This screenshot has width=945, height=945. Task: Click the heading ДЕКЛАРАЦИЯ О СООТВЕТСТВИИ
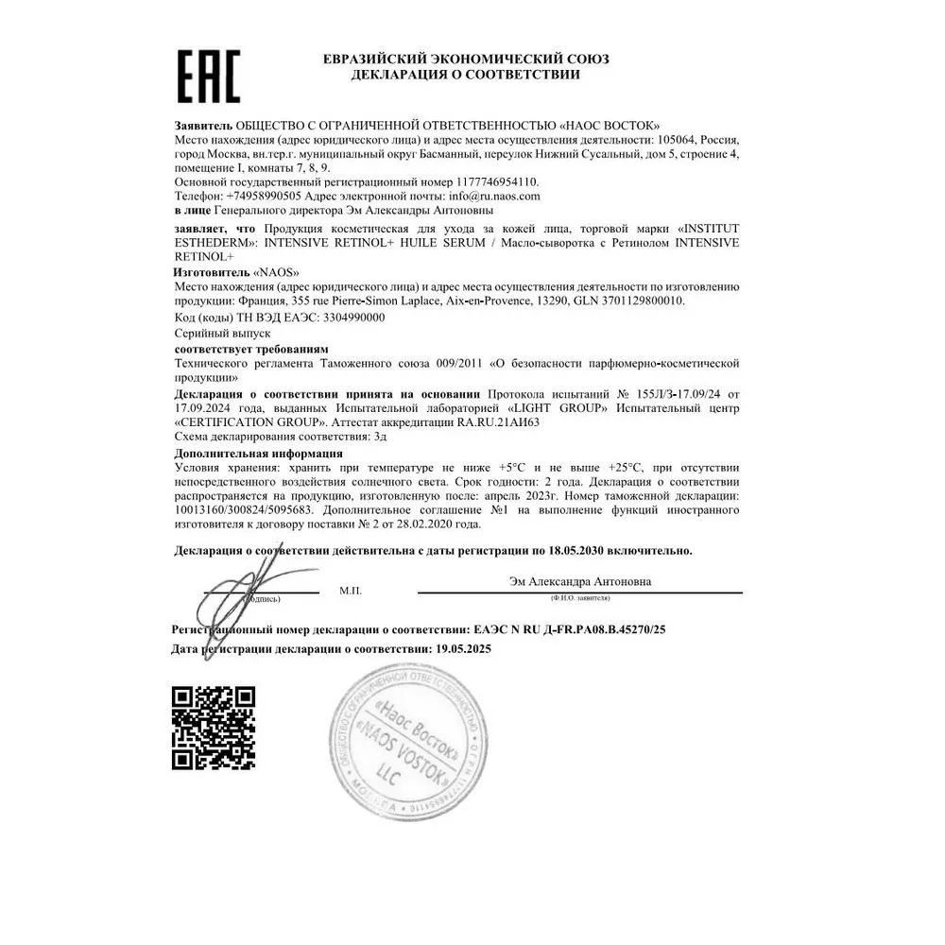click(465, 75)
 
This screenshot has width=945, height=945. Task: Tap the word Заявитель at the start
click(203, 126)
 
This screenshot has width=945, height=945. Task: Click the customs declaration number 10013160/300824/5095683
click(251, 509)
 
